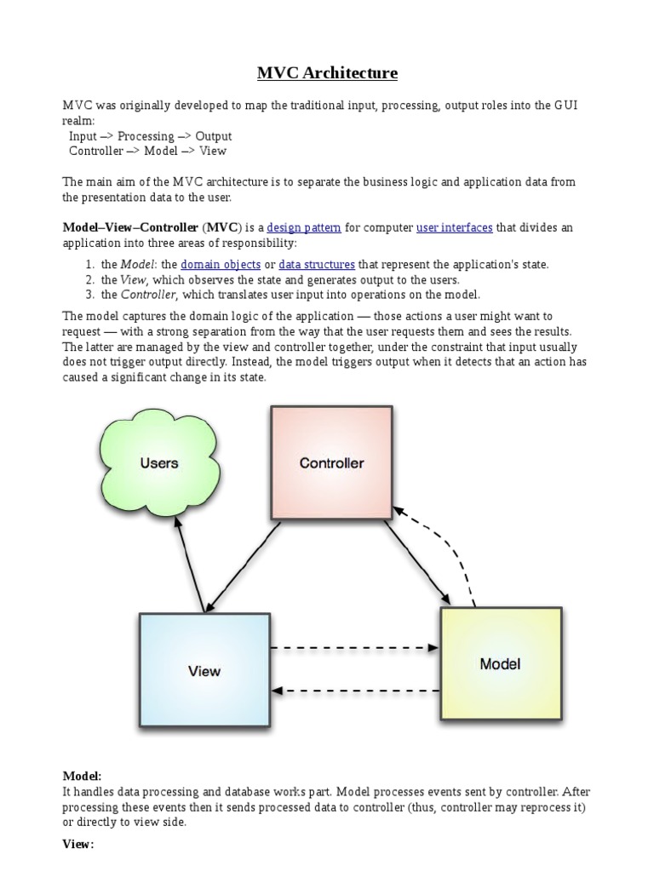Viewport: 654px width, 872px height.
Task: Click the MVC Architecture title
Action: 327,73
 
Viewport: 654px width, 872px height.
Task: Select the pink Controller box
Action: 331,462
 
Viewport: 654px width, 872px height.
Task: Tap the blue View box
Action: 204,670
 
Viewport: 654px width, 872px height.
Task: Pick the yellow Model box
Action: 500,663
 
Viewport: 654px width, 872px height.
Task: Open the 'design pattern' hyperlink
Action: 304,227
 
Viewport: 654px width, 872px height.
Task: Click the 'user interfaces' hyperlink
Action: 454,227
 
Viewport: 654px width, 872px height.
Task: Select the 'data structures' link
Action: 317,264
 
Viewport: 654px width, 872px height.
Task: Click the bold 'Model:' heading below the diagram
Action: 82,776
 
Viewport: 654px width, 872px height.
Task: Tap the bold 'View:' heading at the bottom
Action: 78,844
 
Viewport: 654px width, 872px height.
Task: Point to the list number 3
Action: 89,295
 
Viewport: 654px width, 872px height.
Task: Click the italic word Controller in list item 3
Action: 147,295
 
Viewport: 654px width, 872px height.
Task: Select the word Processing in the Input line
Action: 146,136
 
